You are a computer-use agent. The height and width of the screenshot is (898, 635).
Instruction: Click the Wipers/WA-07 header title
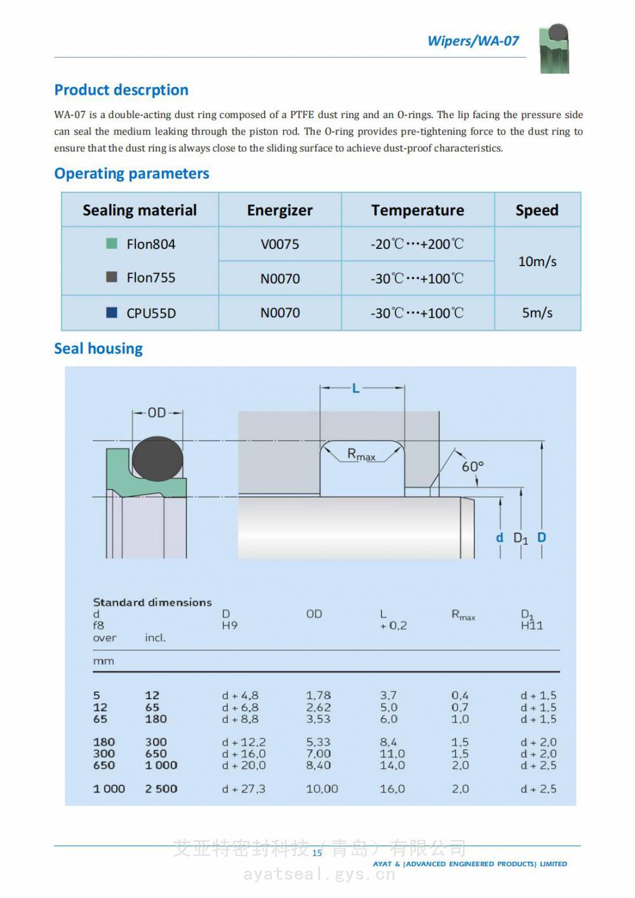[473, 41]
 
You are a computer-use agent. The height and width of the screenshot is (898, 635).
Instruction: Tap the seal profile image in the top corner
[554, 49]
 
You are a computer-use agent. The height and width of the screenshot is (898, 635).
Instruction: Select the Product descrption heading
[121, 90]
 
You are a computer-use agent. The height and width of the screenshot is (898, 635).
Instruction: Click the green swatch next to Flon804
[112, 243]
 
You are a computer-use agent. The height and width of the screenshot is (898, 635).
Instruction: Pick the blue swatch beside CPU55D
[112, 312]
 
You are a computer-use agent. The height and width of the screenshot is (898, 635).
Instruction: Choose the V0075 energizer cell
[279, 245]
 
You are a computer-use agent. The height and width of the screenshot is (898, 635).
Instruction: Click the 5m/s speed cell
[537, 313]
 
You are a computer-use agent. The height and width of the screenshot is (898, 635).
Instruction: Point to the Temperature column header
[417, 210]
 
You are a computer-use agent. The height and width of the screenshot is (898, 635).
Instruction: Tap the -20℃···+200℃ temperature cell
[417, 245]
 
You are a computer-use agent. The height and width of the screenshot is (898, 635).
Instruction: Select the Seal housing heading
[98, 349]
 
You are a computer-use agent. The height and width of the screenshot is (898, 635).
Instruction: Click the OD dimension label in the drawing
[157, 413]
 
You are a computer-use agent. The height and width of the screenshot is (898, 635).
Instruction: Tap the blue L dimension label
[356, 388]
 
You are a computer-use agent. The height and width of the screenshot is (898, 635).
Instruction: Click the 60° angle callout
[472, 467]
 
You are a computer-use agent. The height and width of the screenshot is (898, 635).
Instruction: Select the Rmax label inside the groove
[361, 455]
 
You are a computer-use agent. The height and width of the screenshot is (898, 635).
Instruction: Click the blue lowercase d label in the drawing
[500, 538]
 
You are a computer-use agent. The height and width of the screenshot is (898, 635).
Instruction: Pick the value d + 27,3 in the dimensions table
[244, 789]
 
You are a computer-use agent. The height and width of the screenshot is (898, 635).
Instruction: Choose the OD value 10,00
[322, 789]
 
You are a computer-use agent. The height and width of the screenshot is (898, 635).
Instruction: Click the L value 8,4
[389, 742]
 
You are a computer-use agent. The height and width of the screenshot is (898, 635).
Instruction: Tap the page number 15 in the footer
[317, 853]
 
